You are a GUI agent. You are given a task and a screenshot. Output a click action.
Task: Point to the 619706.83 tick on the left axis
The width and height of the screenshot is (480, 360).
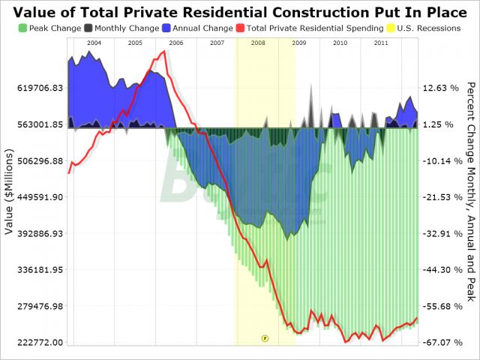(x=34, y=88)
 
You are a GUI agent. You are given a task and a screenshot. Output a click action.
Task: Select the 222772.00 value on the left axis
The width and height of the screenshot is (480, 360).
(x=34, y=342)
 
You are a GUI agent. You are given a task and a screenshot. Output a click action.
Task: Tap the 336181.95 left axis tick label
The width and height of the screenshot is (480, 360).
(x=34, y=269)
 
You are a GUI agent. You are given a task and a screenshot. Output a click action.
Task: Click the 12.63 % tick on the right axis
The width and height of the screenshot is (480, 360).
(x=440, y=88)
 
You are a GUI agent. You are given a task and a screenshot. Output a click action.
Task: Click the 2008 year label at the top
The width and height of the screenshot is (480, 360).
(x=257, y=43)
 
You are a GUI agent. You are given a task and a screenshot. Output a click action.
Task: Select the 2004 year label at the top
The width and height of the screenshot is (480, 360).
(x=94, y=43)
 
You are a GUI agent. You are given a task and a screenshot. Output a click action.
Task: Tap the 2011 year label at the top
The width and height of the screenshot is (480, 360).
(x=381, y=43)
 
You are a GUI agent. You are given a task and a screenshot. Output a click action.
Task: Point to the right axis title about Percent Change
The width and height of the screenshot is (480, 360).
(x=470, y=191)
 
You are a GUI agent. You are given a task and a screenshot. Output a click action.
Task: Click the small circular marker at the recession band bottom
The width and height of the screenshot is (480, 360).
(x=265, y=338)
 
